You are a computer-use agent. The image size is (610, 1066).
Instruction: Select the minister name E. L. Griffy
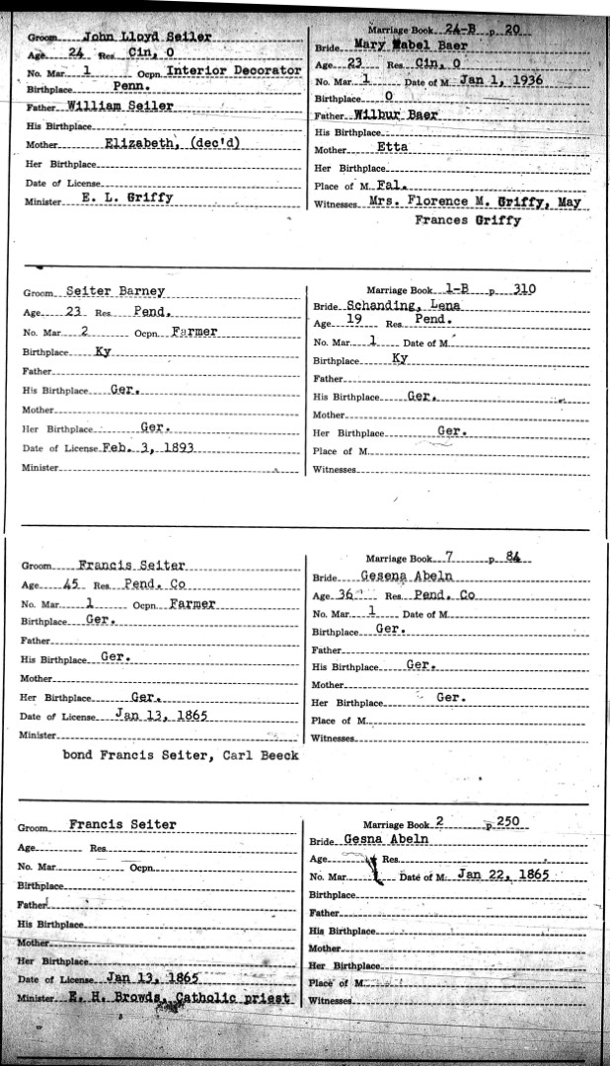tap(126, 197)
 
